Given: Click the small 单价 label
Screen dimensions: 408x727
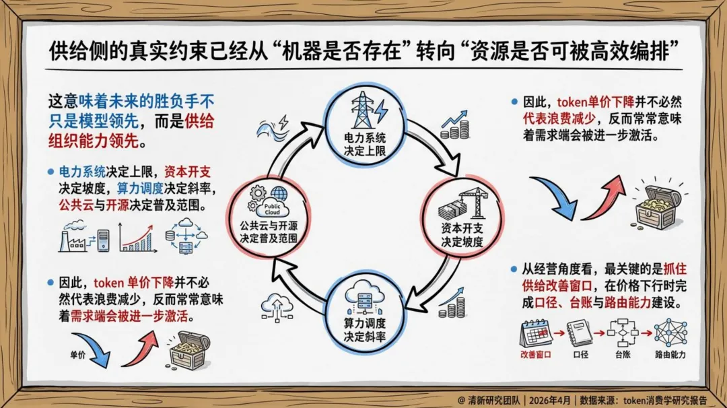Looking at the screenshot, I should [78, 354].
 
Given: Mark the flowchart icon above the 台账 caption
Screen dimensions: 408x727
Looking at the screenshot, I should [621, 333].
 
